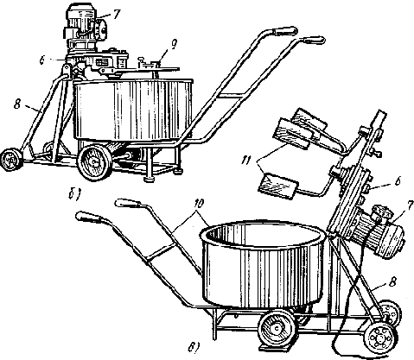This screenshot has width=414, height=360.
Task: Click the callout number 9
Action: [174, 45]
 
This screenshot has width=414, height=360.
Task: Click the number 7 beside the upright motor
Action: [116, 15]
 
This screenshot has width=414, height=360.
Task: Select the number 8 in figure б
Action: [17, 104]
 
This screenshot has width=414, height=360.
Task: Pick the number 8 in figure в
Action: [393, 281]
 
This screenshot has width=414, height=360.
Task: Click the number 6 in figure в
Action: [397, 181]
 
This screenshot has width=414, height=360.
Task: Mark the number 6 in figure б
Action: [42, 61]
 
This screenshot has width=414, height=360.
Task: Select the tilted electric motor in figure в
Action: [374, 231]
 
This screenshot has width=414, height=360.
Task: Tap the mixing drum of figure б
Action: [133, 110]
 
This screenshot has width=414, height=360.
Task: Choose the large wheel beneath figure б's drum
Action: [94, 162]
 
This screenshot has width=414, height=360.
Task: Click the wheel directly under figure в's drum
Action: [277, 327]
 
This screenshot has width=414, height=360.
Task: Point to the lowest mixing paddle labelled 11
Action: [277, 186]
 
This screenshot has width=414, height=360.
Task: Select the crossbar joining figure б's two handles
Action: [231, 96]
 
